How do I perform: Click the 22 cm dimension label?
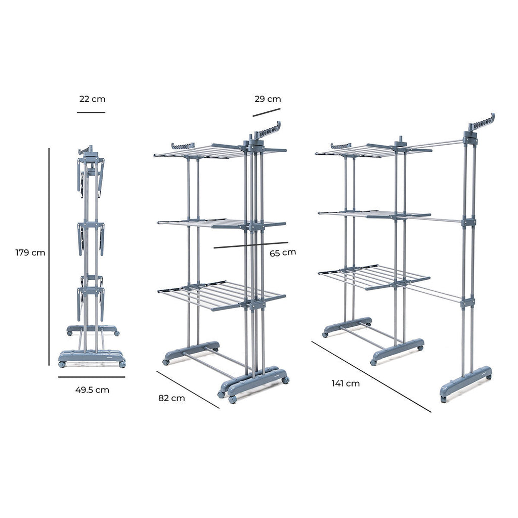coord(92,99)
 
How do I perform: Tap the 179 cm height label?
coord(30,252)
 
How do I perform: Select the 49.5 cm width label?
coord(92,390)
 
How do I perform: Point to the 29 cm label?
coord(268,99)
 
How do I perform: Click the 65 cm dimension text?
coord(282,252)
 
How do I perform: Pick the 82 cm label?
coord(171,398)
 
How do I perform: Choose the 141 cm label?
coord(346,383)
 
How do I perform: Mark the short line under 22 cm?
coord(91,112)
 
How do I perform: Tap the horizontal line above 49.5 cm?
coord(91,377)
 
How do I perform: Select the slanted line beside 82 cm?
coord(188,390)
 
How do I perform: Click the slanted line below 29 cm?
coord(267,111)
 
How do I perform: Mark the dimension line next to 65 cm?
coord(250,245)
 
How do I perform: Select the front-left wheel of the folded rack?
coord(62,364)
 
